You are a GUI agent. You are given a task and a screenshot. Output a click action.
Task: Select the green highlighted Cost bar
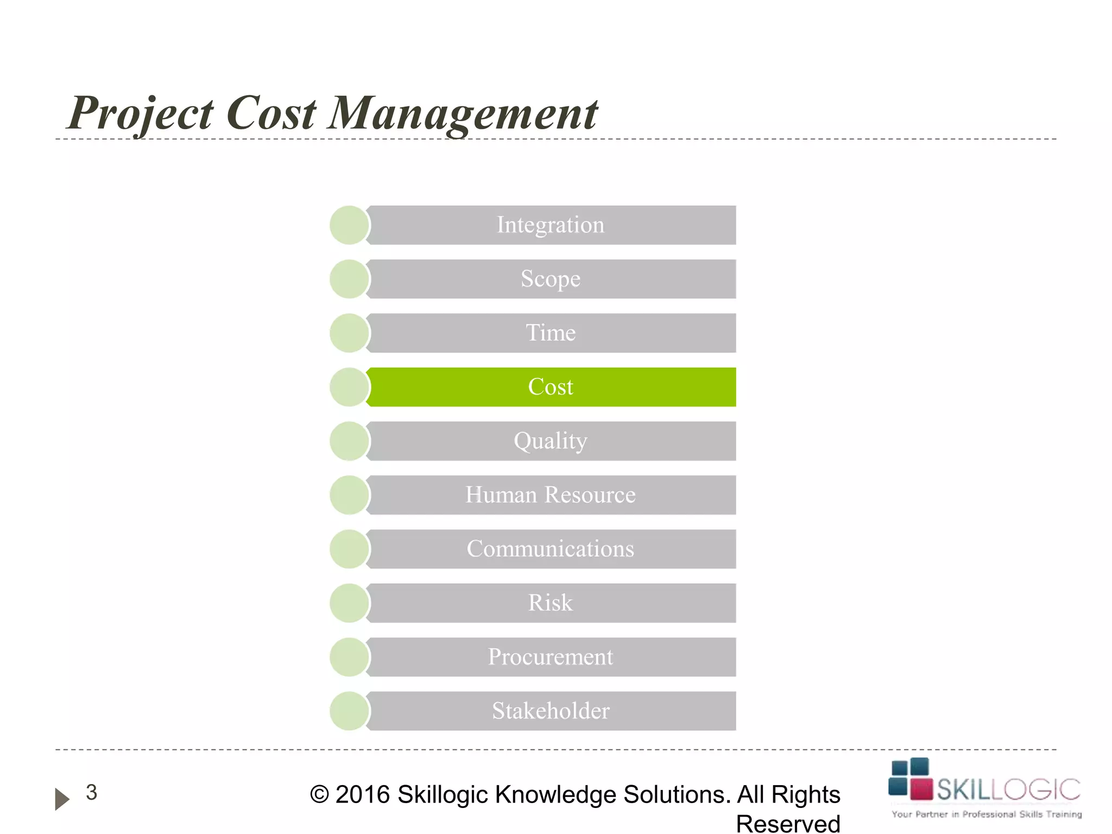551,387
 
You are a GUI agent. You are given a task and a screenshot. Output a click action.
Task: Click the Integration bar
551,225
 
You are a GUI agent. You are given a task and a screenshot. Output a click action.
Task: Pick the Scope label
551,279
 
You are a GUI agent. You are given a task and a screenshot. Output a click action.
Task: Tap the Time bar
551,333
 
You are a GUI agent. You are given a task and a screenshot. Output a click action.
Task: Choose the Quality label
551,441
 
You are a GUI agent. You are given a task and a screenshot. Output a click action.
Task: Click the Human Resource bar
551,495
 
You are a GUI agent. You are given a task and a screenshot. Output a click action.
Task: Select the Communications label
551,549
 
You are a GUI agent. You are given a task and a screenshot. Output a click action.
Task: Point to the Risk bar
551,603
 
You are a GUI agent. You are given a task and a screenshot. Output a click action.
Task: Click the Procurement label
551,657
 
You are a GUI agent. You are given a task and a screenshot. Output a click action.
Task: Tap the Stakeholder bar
551,711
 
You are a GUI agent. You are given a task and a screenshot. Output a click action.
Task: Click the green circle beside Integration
349,225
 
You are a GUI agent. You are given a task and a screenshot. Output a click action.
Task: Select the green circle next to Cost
349,387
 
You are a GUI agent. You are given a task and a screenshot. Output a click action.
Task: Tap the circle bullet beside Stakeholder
349,711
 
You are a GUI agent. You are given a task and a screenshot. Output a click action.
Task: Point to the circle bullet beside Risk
349,603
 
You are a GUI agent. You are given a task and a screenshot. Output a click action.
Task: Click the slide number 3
92,792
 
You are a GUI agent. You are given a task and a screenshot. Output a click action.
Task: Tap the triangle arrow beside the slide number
62,799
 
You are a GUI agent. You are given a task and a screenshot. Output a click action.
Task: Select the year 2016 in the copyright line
362,795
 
